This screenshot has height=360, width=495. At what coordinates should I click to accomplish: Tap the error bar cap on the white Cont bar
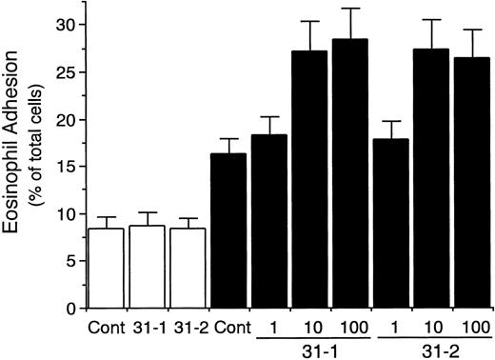click(x=106, y=217)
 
